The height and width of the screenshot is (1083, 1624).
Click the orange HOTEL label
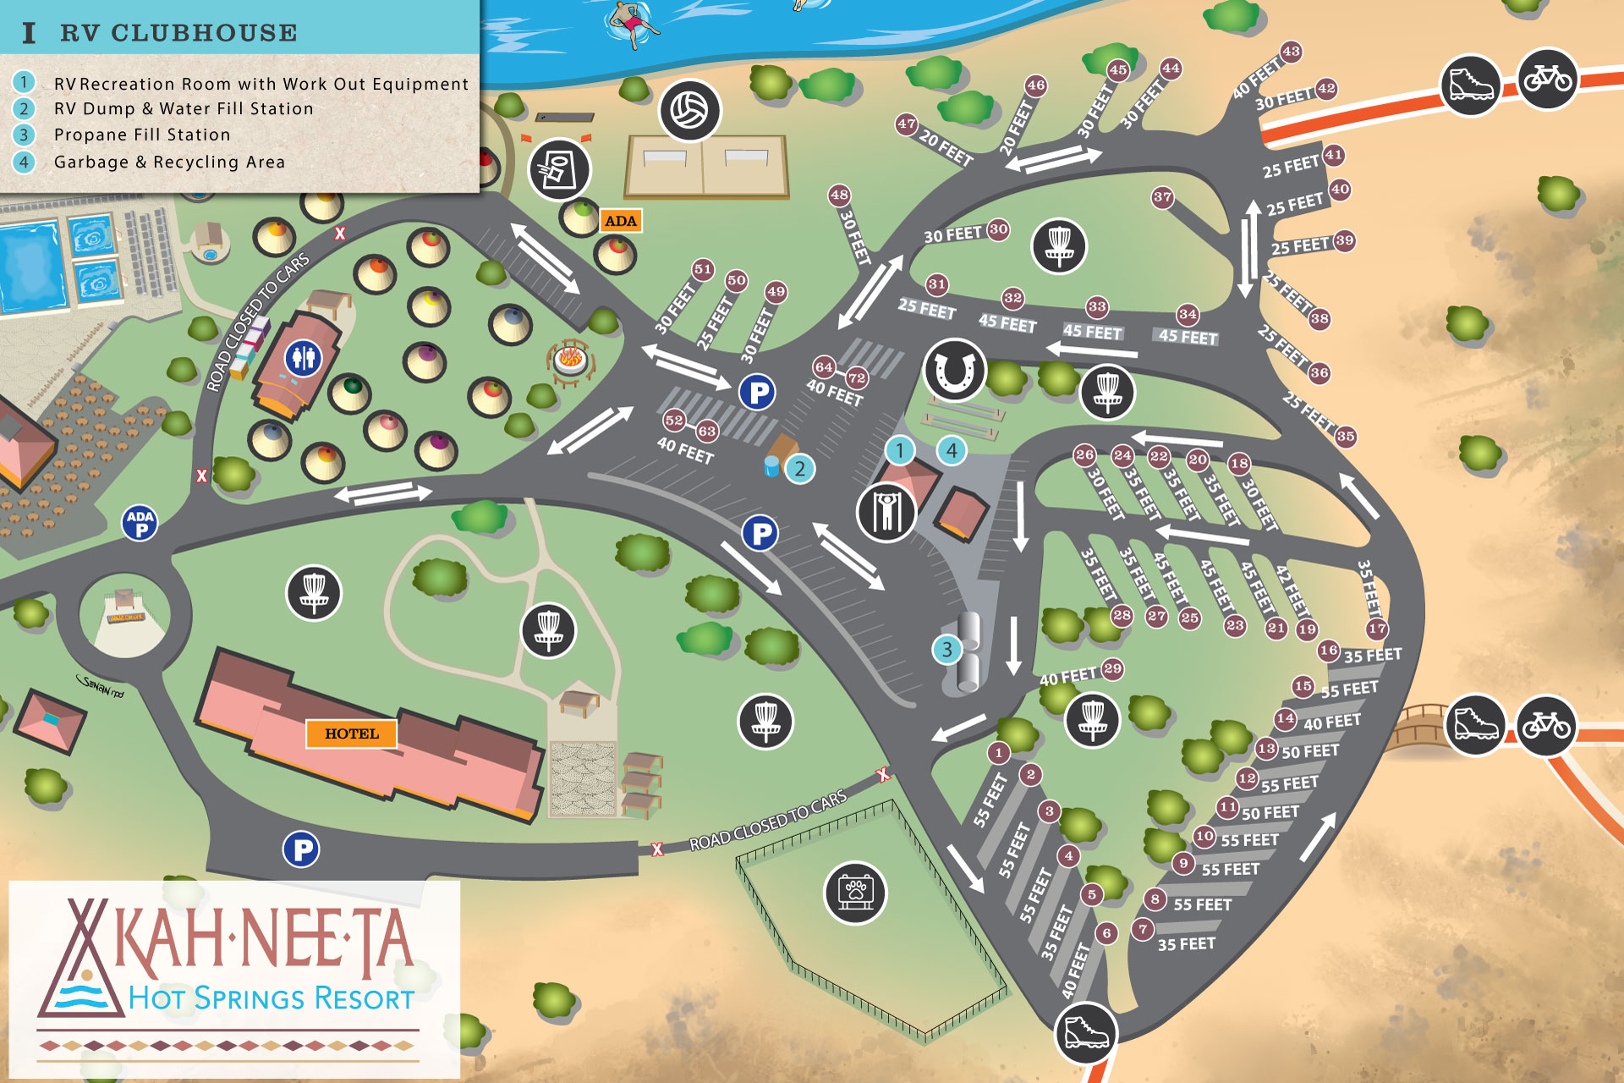tap(351, 734)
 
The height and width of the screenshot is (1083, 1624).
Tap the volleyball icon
tap(689, 111)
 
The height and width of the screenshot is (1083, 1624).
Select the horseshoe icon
tap(955, 370)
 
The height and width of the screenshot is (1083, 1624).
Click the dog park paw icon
tap(855, 893)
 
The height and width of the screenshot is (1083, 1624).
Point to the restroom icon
tap(303, 358)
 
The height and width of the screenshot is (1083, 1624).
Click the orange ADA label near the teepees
tap(620, 221)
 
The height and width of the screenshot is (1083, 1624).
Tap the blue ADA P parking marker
tap(140, 523)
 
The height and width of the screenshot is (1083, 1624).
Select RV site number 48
tap(839, 195)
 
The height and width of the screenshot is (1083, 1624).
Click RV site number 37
tap(1163, 198)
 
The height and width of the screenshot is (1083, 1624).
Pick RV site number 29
tap(1112, 668)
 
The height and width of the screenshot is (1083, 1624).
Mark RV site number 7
tap(1143, 929)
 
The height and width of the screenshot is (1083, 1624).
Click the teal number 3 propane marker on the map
tap(946, 650)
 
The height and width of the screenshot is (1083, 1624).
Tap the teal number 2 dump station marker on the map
tap(799, 469)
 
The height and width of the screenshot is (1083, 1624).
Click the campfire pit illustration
tap(570, 360)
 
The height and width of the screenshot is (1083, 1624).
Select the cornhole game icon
tap(559, 170)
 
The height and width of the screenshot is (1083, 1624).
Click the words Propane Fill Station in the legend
tap(142, 135)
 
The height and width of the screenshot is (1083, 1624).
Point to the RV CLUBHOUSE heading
tap(178, 33)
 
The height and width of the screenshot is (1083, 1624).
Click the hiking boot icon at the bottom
tap(1086, 1033)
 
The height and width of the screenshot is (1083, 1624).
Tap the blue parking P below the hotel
tap(301, 849)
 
